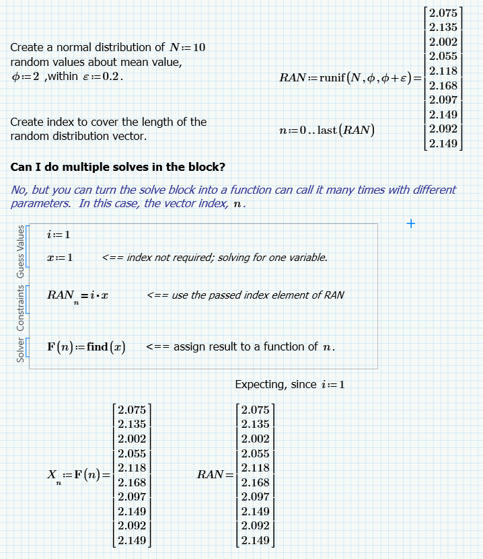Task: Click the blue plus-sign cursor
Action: [411, 223]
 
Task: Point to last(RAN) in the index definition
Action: [346, 130]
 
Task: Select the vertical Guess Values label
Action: [20, 252]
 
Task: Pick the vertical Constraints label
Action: [20, 307]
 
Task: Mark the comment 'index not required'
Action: [215, 258]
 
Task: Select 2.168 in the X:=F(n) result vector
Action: [131, 482]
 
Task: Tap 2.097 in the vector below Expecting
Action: [255, 496]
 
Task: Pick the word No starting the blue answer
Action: [19, 190]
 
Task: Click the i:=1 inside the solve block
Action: [59, 234]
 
